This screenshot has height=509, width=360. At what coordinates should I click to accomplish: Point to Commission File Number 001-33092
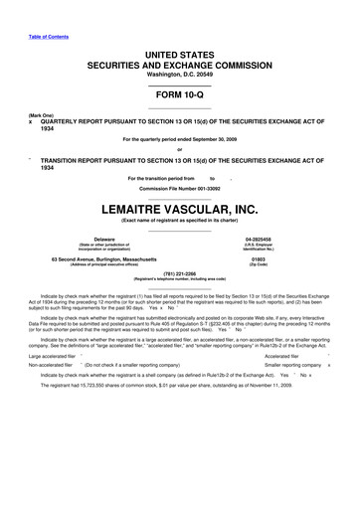(x=179, y=189)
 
